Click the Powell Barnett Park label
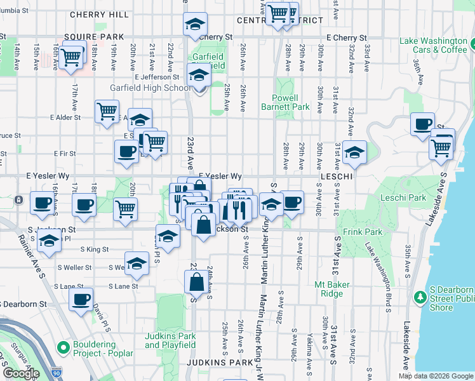click(x=285, y=102)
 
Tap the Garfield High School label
click(x=150, y=88)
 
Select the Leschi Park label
click(x=403, y=198)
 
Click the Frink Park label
click(x=363, y=232)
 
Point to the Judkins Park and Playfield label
click(x=170, y=340)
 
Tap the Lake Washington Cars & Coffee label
click(x=433, y=45)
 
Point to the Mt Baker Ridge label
click(x=332, y=289)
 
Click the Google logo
click(x=20, y=373)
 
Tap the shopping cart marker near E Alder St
click(x=107, y=111)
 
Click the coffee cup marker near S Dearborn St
click(x=81, y=300)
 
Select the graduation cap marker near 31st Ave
click(x=354, y=152)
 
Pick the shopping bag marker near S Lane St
click(x=196, y=280)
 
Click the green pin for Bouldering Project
click(x=63, y=347)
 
